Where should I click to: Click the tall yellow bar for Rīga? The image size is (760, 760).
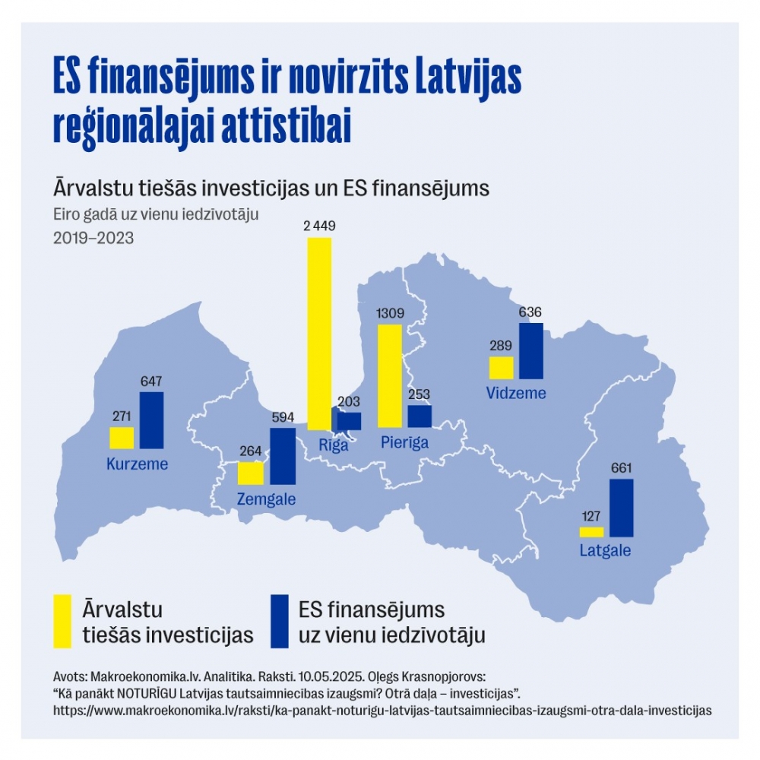(319, 333)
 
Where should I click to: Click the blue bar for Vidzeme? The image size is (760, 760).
(531, 350)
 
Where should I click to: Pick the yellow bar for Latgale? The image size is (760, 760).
(591, 532)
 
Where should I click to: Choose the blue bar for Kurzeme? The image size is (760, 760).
(152, 420)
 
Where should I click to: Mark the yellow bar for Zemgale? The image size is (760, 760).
(250, 473)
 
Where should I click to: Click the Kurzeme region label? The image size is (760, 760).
(138, 464)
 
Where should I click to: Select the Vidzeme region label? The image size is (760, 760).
(516, 394)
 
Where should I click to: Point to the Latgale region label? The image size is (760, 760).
(605, 551)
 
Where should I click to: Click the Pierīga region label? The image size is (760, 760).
(404, 443)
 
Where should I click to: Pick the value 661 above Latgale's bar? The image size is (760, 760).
(621, 468)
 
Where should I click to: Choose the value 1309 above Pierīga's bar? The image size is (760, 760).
(390, 313)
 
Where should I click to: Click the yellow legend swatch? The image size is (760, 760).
(63, 621)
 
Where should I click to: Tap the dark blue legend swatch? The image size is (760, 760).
(279, 621)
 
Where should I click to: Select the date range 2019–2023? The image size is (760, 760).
(93, 238)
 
